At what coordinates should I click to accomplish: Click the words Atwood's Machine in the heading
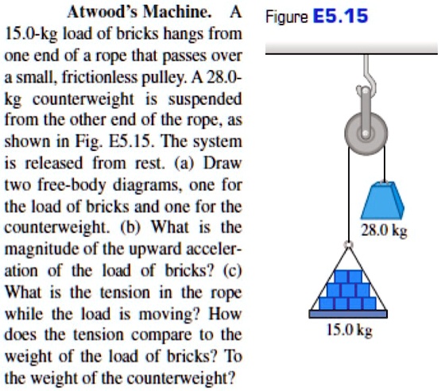tap(139, 13)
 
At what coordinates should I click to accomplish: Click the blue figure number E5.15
tap(341, 16)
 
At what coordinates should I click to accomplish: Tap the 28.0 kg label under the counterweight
tap(384, 231)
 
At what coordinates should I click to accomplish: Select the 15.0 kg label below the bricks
tap(349, 331)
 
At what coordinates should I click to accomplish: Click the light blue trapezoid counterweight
tap(382, 200)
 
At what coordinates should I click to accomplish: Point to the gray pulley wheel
tap(366, 134)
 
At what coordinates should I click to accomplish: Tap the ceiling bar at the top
tap(351, 48)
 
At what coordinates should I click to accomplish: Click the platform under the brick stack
tap(348, 314)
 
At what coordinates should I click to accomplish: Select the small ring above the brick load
tap(349, 245)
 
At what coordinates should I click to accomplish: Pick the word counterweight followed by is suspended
tap(83, 99)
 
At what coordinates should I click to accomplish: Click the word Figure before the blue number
tap(287, 17)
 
